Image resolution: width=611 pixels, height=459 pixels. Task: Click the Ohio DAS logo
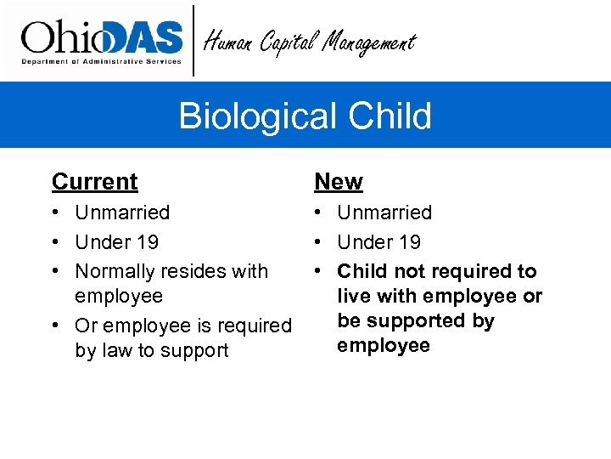point(102,40)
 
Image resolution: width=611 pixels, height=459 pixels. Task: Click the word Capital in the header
point(291,41)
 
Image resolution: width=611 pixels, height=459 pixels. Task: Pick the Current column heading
point(94,182)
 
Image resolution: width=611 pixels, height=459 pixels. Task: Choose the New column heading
point(338,182)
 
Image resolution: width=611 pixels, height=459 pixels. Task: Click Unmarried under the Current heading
point(122,212)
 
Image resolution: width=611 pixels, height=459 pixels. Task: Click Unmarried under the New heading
point(384,212)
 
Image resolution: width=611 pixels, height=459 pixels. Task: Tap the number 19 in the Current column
point(147,242)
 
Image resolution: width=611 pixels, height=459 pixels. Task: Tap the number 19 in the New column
point(409,242)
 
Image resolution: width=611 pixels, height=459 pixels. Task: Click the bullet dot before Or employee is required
point(56,326)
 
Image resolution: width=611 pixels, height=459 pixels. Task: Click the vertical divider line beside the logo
point(194,40)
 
